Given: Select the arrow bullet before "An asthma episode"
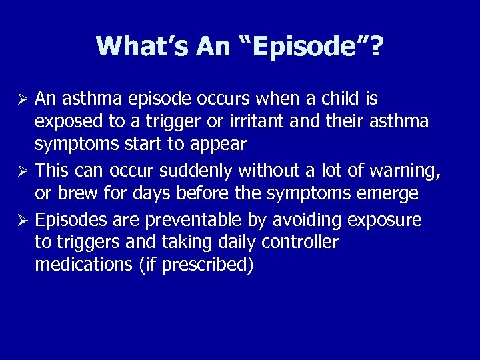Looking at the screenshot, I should (x=22, y=100).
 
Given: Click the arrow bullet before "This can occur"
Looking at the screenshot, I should (x=22, y=171).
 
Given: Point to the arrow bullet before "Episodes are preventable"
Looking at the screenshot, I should (x=22, y=220).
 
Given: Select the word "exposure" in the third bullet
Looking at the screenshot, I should (x=388, y=219).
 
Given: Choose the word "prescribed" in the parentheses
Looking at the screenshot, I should (x=209, y=265).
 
